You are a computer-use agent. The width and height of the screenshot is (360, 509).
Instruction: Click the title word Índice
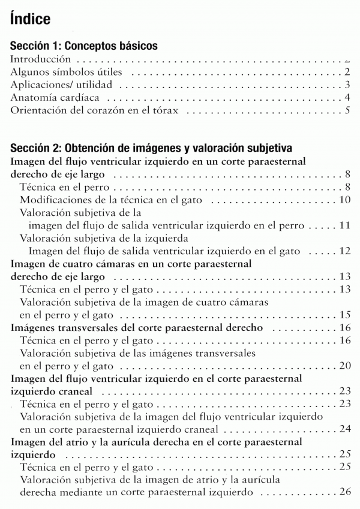click(30, 20)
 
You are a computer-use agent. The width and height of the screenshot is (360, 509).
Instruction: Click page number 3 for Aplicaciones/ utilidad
click(347, 85)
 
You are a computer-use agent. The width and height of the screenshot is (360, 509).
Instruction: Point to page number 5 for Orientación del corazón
click(347, 111)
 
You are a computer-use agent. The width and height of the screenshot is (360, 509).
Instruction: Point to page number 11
click(344, 225)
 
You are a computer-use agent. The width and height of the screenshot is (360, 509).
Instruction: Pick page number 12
click(344, 251)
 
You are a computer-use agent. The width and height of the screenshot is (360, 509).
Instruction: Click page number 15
click(344, 314)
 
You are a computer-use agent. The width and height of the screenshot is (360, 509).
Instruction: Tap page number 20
click(344, 366)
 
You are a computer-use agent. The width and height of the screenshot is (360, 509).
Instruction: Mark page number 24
click(344, 429)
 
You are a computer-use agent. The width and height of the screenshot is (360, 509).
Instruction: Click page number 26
click(344, 492)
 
